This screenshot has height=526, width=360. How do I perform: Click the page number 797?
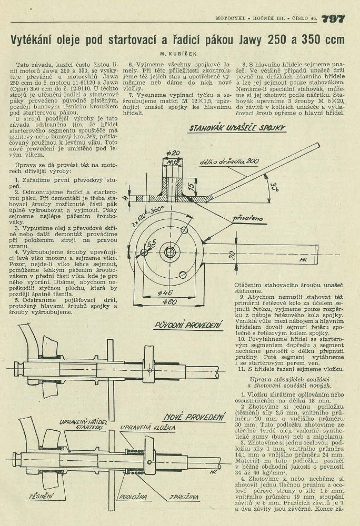tap(333, 18)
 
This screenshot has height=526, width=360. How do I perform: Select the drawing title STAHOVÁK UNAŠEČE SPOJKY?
tap(237, 128)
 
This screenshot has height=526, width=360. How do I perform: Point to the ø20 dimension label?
tap(173, 153)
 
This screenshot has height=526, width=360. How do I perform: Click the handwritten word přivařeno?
tap(248, 218)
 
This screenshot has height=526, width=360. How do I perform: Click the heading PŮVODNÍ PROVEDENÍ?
tap(189, 325)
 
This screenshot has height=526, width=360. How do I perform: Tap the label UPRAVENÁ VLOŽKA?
tap(147, 428)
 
